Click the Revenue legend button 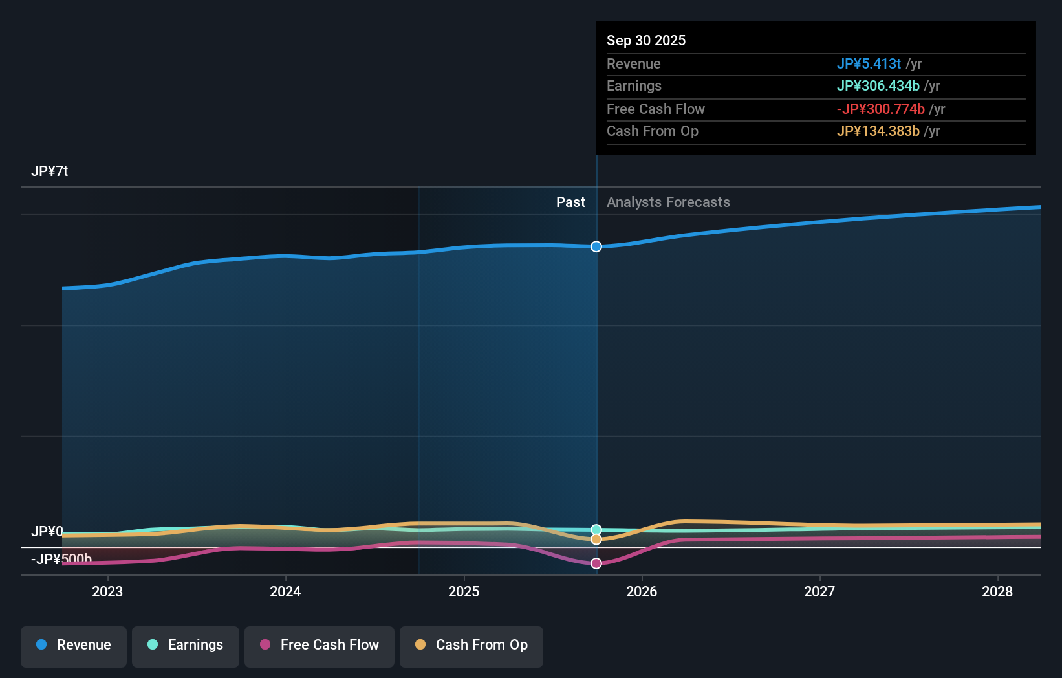pyautogui.click(x=74, y=645)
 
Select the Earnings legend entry pyautogui.click(x=186, y=645)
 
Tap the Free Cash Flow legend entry pyautogui.click(x=320, y=645)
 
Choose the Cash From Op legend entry pyautogui.click(x=471, y=645)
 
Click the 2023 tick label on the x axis pyautogui.click(x=107, y=591)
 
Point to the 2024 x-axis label pyautogui.click(x=285, y=591)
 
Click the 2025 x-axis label pyautogui.click(x=464, y=591)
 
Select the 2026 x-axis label pyautogui.click(x=642, y=591)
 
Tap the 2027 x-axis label pyautogui.click(x=819, y=591)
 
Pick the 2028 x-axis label pyautogui.click(x=997, y=591)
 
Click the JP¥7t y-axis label pyautogui.click(x=50, y=171)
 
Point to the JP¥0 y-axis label pyautogui.click(x=47, y=532)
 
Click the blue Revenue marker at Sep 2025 pyautogui.click(x=596, y=246)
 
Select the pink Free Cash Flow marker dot pyautogui.click(x=596, y=563)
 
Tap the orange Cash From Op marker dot pyautogui.click(x=596, y=540)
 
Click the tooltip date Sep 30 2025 pyautogui.click(x=646, y=40)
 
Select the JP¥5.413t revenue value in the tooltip pyautogui.click(x=869, y=63)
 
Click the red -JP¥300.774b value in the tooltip pyautogui.click(x=880, y=109)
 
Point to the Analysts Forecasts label pyautogui.click(x=668, y=202)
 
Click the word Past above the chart pyautogui.click(x=570, y=202)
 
